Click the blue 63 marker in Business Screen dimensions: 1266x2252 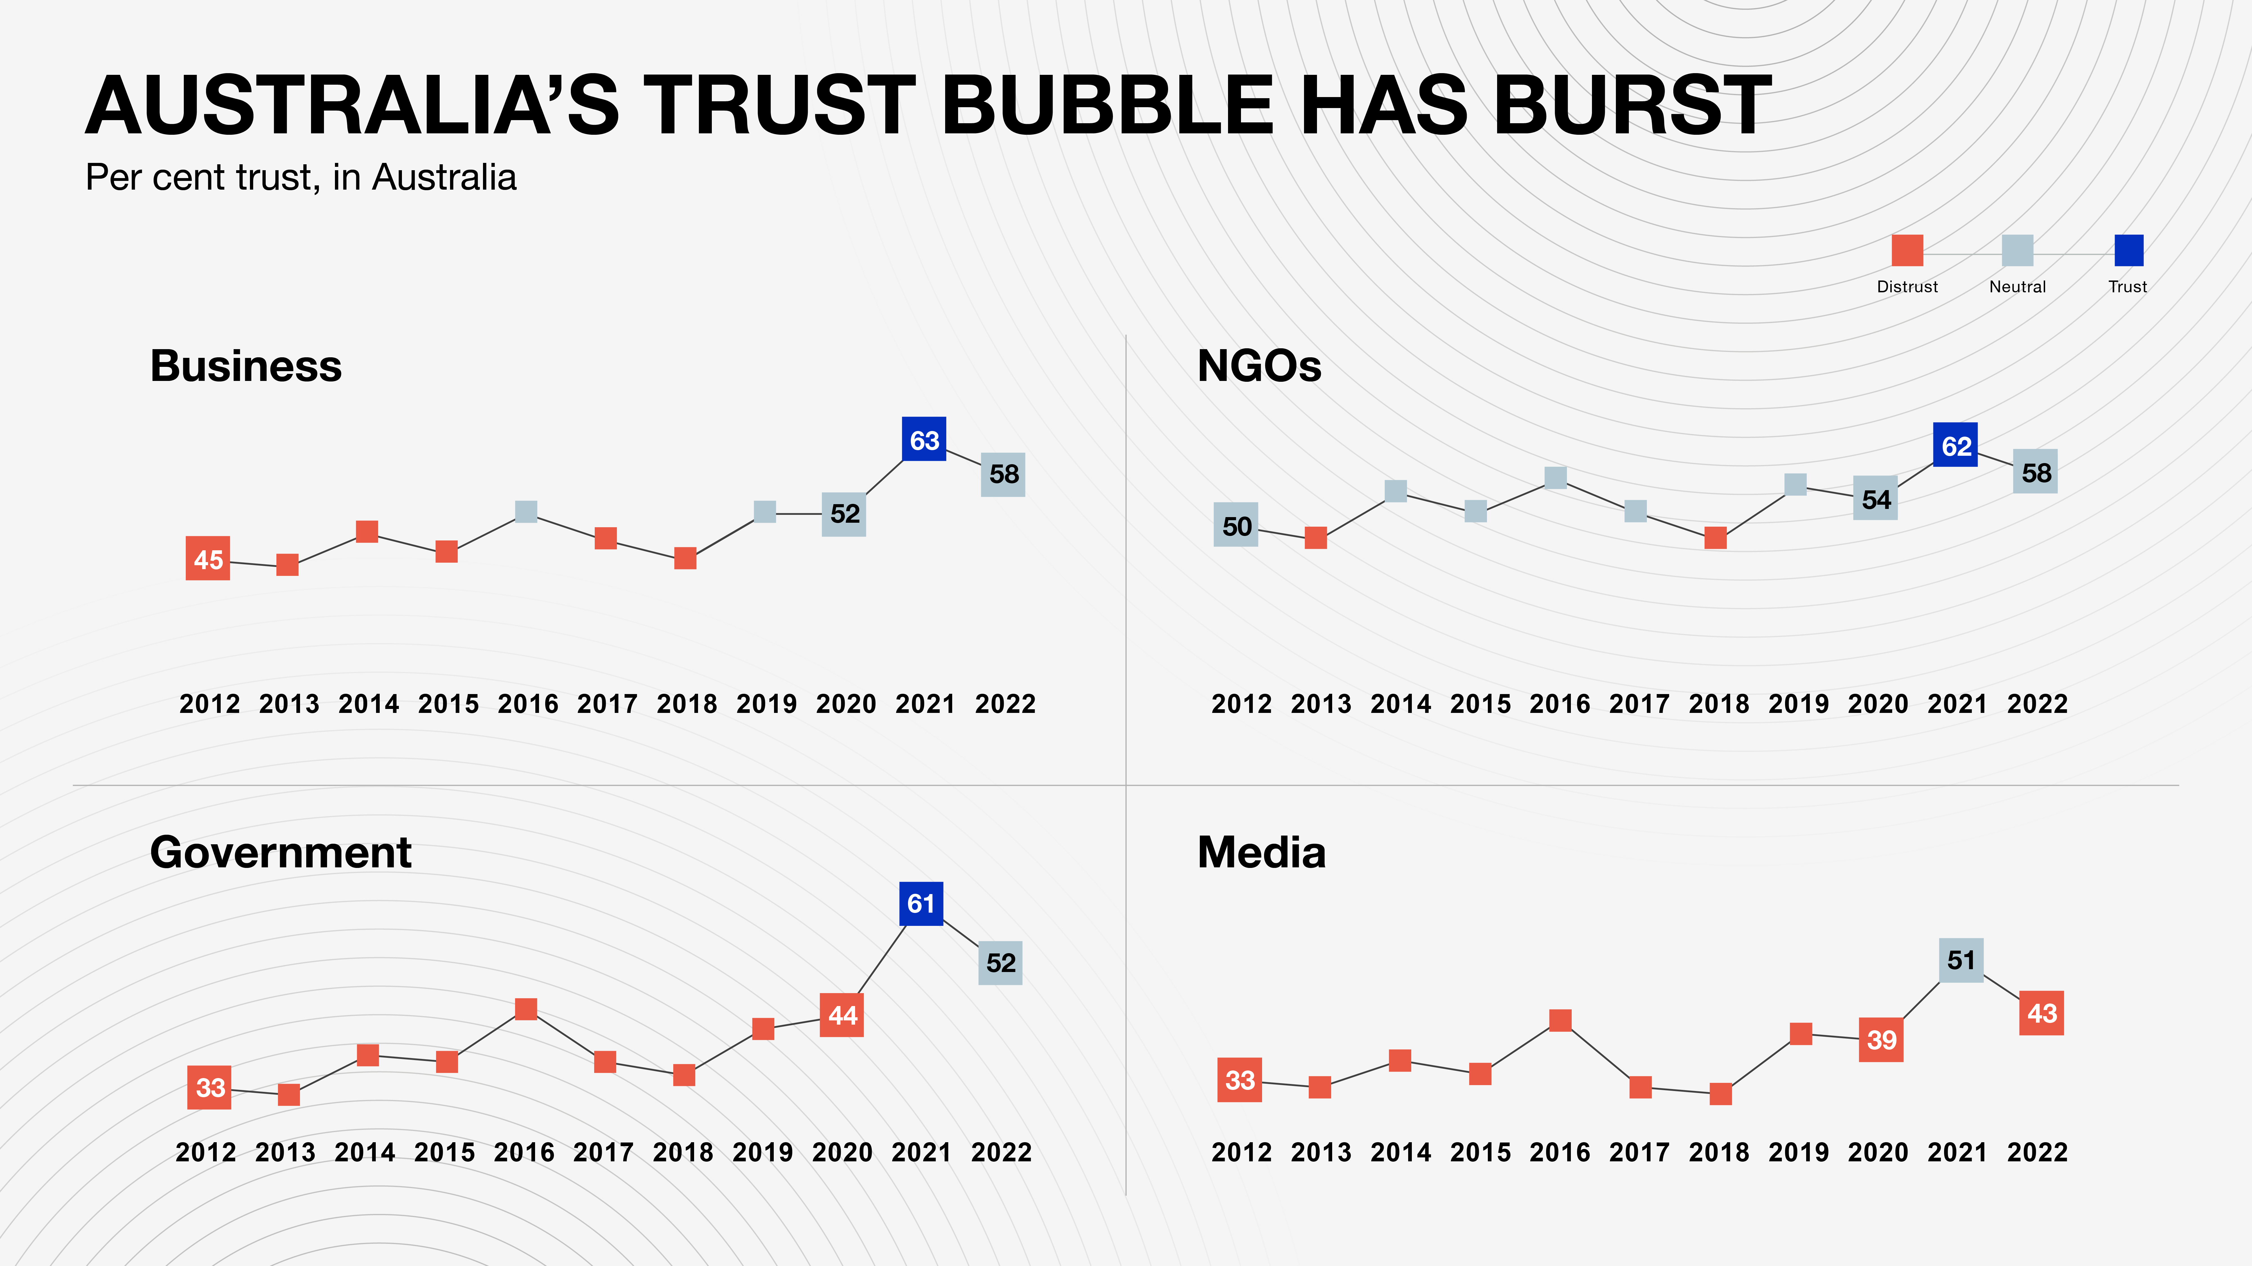pos(924,439)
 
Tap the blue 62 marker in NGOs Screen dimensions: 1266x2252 pos(1956,446)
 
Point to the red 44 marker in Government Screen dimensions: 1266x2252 pos(842,1015)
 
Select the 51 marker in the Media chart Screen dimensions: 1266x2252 pos(1961,960)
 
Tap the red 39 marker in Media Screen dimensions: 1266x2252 pos(1881,1040)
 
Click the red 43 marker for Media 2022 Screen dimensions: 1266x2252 pos(2041,1013)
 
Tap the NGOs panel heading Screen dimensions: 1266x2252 pos(1259,366)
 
